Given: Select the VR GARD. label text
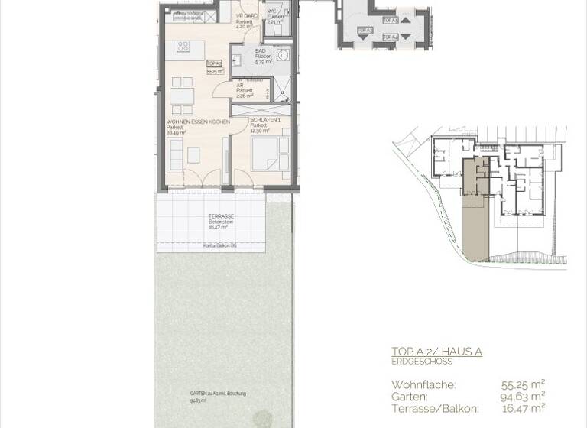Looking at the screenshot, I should [245, 16].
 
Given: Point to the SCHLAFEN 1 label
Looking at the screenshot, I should [264, 125].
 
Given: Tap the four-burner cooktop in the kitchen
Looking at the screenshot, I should [183, 47].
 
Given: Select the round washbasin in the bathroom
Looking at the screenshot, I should [283, 54].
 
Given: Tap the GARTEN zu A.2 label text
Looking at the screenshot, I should [218, 394].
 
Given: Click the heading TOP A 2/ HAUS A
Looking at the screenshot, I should [436, 352].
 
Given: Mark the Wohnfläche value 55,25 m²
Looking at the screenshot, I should [524, 384].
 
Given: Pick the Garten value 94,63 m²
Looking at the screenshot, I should [524, 396].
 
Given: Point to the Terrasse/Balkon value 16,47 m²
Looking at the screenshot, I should [524, 408].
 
